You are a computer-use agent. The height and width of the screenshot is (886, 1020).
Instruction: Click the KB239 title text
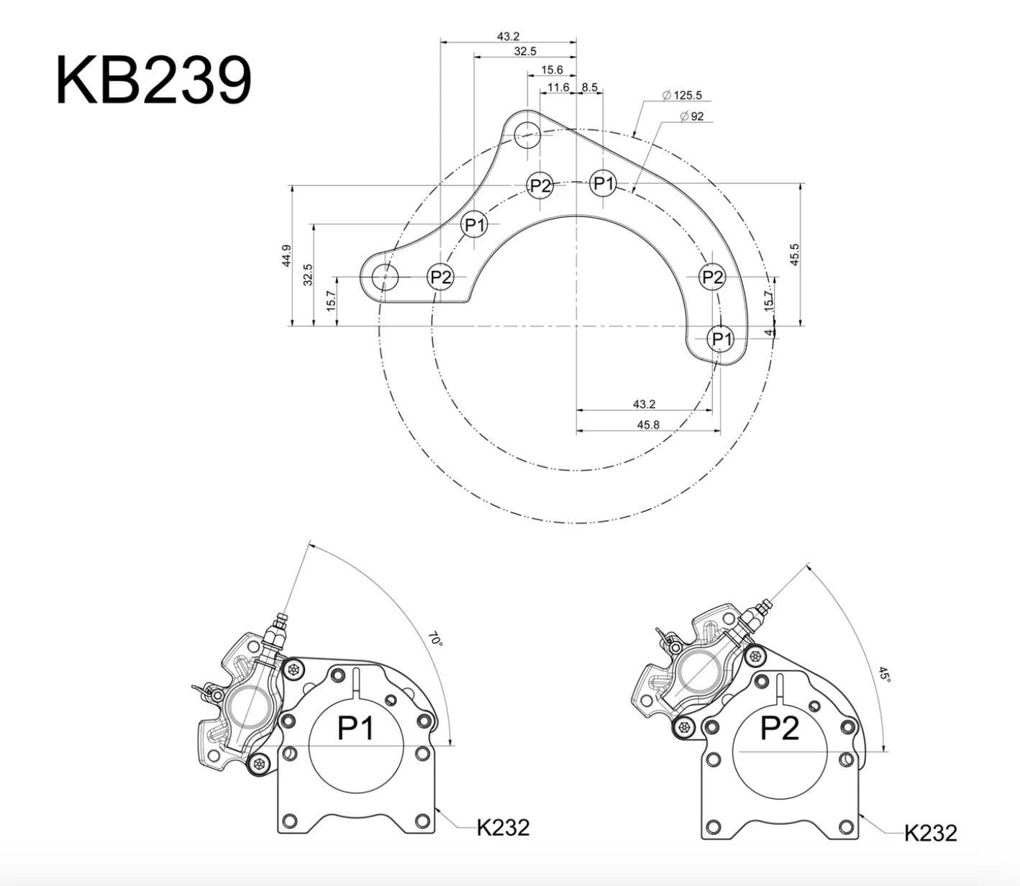pyautogui.click(x=153, y=81)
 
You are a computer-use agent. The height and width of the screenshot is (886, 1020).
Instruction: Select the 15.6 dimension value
pyautogui.click(x=552, y=70)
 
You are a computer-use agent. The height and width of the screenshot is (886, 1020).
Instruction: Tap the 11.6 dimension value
pyautogui.click(x=558, y=87)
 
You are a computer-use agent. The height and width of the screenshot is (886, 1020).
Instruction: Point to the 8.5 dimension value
pyautogui.click(x=589, y=87)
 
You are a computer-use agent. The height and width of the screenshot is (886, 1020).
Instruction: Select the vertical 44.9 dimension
pyautogui.click(x=286, y=256)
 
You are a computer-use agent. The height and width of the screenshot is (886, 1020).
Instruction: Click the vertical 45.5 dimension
pyautogui.click(x=794, y=255)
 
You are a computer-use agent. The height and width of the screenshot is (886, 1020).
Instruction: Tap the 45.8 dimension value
pyautogui.click(x=647, y=424)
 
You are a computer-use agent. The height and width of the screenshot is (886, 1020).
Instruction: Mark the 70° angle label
pyautogui.click(x=434, y=639)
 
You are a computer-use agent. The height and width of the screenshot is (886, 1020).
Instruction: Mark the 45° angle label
pyautogui.click(x=884, y=675)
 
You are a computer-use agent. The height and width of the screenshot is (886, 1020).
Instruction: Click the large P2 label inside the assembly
pyautogui.click(x=780, y=729)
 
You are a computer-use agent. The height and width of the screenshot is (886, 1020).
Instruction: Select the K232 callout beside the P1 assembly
pyautogui.click(x=504, y=828)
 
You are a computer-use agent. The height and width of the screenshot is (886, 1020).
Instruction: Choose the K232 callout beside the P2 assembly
pyautogui.click(x=931, y=833)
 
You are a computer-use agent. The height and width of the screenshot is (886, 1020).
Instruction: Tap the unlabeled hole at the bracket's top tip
pyautogui.click(x=527, y=134)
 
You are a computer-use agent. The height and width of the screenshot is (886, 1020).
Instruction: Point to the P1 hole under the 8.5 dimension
pyautogui.click(x=603, y=183)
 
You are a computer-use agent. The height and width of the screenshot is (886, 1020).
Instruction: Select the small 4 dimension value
pyautogui.click(x=768, y=332)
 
